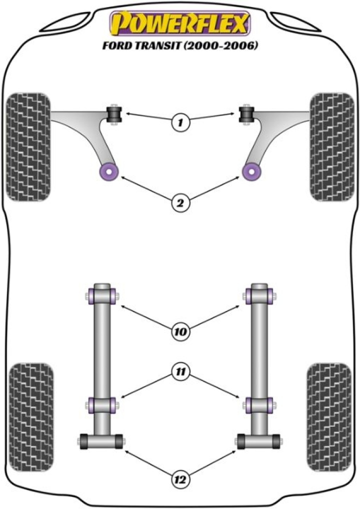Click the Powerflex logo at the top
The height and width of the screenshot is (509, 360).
click(179, 23)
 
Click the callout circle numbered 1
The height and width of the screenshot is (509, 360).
click(180, 121)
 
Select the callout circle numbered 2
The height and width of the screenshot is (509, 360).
click(180, 202)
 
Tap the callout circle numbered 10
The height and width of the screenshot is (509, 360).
click(180, 330)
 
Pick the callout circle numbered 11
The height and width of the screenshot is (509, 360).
click(180, 371)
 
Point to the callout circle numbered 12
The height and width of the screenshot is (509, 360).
click(180, 480)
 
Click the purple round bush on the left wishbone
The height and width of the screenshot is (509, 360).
click(108, 172)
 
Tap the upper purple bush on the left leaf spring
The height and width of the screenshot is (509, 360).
click(101, 295)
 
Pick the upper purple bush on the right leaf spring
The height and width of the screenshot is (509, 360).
click(259, 295)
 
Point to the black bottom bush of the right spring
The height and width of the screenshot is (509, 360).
click(258, 441)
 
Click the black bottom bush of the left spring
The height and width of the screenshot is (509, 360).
click(101, 441)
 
